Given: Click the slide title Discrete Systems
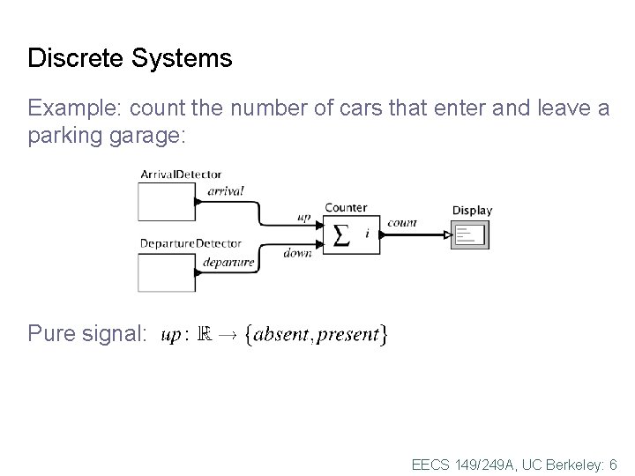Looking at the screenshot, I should point(130,58).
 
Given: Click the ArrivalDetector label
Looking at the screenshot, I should point(181,175).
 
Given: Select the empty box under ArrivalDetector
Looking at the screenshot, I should point(166,202).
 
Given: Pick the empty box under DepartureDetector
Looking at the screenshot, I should point(166,271).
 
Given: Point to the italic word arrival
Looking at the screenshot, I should point(226,190).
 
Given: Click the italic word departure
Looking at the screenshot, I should point(228,262).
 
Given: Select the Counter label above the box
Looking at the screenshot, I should point(346,208).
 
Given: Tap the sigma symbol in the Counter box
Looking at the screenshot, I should point(341,234).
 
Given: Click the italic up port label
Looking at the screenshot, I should point(304,218).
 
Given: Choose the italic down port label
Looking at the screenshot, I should point(297,253).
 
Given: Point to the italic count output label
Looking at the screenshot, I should point(402,223).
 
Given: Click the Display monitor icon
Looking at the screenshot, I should point(469,235).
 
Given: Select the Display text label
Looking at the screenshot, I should point(472,210).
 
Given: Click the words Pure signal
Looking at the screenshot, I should point(87,334).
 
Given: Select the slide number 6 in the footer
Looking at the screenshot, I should point(613,464).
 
